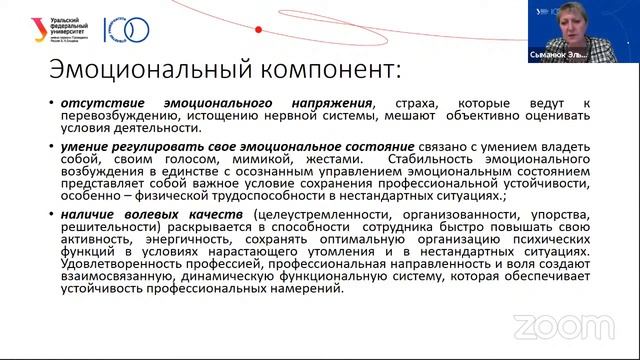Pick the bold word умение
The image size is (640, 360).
(83, 146)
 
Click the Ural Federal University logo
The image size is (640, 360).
(61, 30)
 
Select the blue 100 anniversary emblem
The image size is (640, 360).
(128, 29)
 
